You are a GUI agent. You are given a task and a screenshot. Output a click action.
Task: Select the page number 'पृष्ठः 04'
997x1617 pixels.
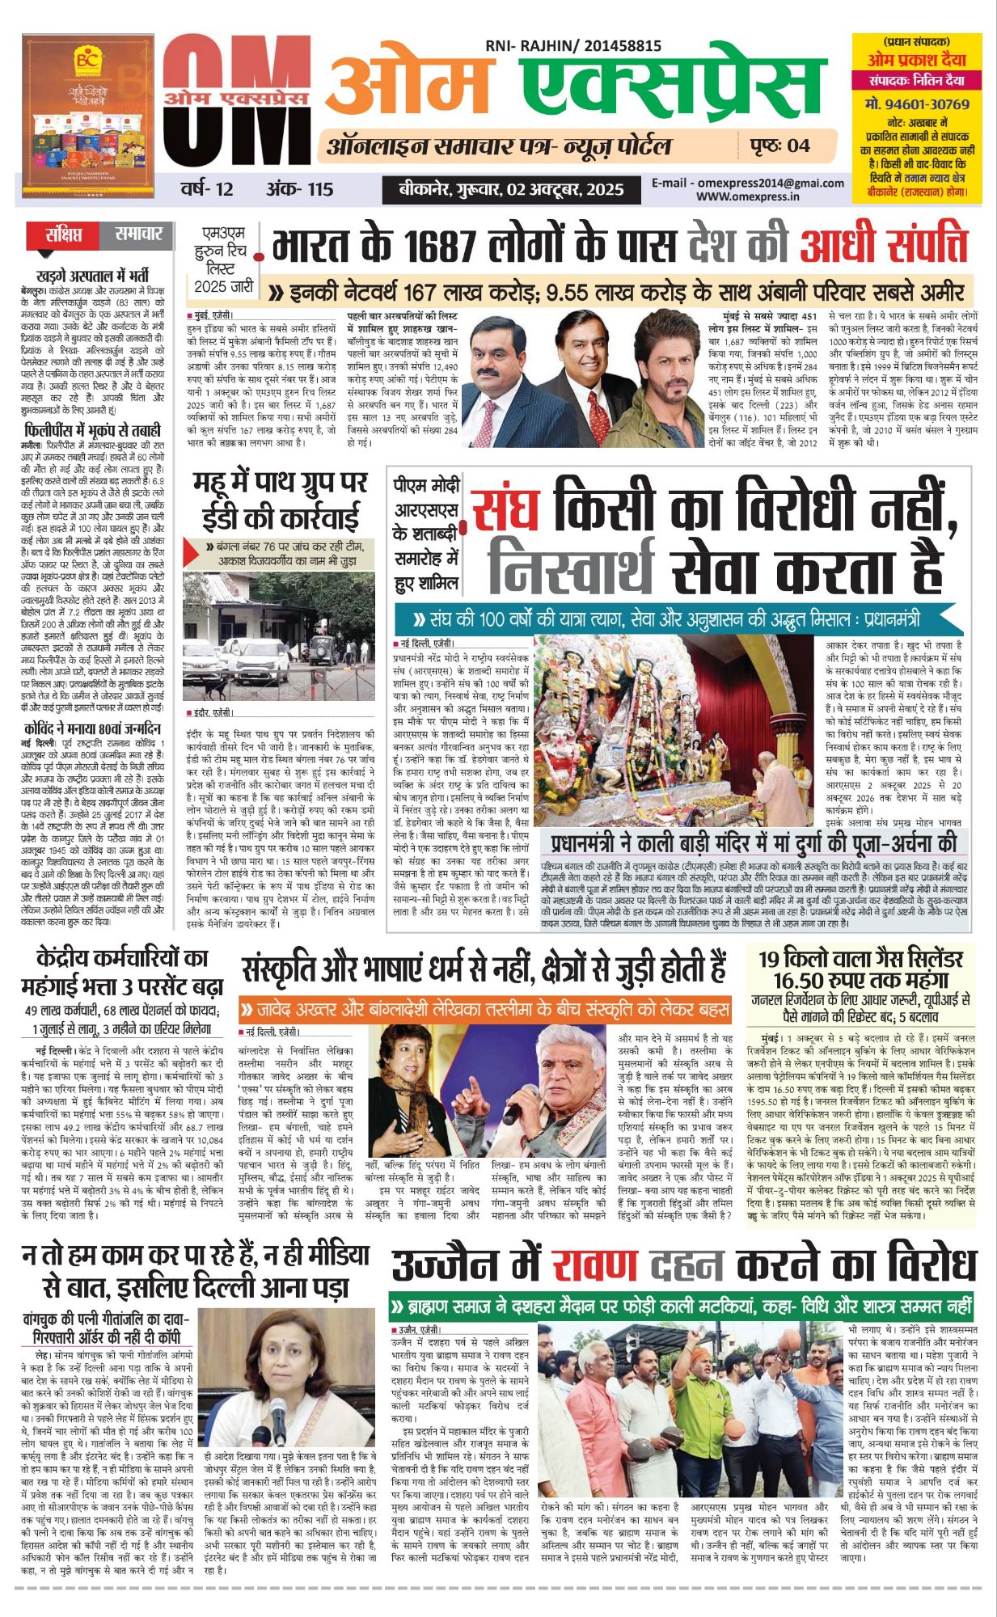click(775, 146)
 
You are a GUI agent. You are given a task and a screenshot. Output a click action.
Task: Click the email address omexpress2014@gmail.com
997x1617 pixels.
click(748, 184)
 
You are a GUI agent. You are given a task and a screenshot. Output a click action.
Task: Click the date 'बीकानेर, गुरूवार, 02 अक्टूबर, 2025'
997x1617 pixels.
click(512, 190)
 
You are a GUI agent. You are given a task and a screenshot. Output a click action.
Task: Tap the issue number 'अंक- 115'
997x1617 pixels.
click(299, 189)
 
